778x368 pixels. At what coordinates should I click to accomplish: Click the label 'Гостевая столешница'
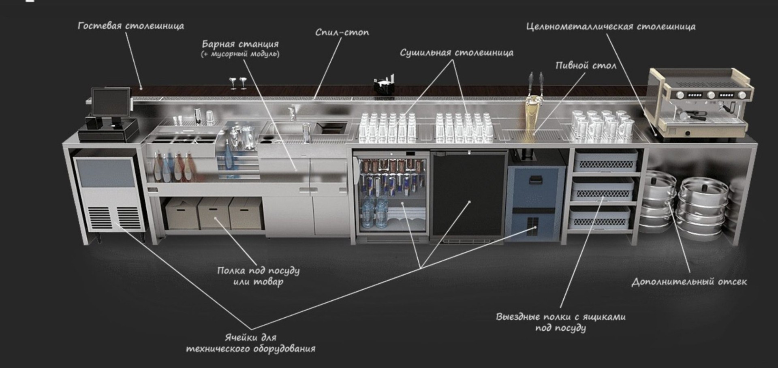click(x=130, y=26)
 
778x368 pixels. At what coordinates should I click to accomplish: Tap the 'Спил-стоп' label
click(x=342, y=32)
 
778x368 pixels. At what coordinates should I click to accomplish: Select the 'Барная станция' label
click(x=240, y=44)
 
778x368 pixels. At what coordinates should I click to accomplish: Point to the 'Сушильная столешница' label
click(x=457, y=53)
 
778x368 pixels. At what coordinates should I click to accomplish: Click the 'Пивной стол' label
click(x=586, y=65)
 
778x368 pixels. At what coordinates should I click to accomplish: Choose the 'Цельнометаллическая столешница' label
click(x=611, y=27)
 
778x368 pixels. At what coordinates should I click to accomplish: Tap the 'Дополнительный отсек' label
click(x=689, y=282)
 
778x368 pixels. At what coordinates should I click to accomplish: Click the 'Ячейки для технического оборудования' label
click(x=250, y=343)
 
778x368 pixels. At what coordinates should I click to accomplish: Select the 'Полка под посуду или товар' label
click(x=258, y=276)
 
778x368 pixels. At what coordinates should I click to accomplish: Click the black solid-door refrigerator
click(x=469, y=196)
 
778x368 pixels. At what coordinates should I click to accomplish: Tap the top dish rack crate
click(x=605, y=160)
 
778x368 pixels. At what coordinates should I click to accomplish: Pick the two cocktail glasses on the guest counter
click(x=238, y=83)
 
